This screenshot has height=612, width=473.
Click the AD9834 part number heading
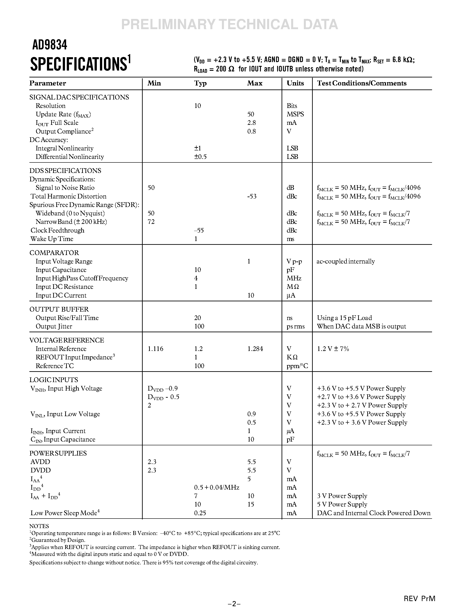pos(50,45)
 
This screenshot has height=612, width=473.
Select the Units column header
pos(295,83)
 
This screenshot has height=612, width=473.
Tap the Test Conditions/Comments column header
pos(361,83)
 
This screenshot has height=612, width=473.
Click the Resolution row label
pos(51,106)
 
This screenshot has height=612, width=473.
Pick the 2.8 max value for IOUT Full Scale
pos(251,123)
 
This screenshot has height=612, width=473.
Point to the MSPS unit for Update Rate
pos(295,114)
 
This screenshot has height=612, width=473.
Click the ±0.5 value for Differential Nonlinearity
pos(200,157)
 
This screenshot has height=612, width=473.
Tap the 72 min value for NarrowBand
pos(151,222)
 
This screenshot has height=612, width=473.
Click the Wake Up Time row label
pos(52,239)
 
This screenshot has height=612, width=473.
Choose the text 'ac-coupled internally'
pos(345,261)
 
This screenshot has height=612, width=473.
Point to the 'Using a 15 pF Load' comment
pos(344,318)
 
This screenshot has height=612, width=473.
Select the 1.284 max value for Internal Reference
pos(255,349)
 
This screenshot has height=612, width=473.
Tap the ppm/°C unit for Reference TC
pos(297,366)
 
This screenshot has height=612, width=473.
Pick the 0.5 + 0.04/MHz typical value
pos(217,488)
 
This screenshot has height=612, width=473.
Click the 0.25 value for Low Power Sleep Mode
pos(200,513)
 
